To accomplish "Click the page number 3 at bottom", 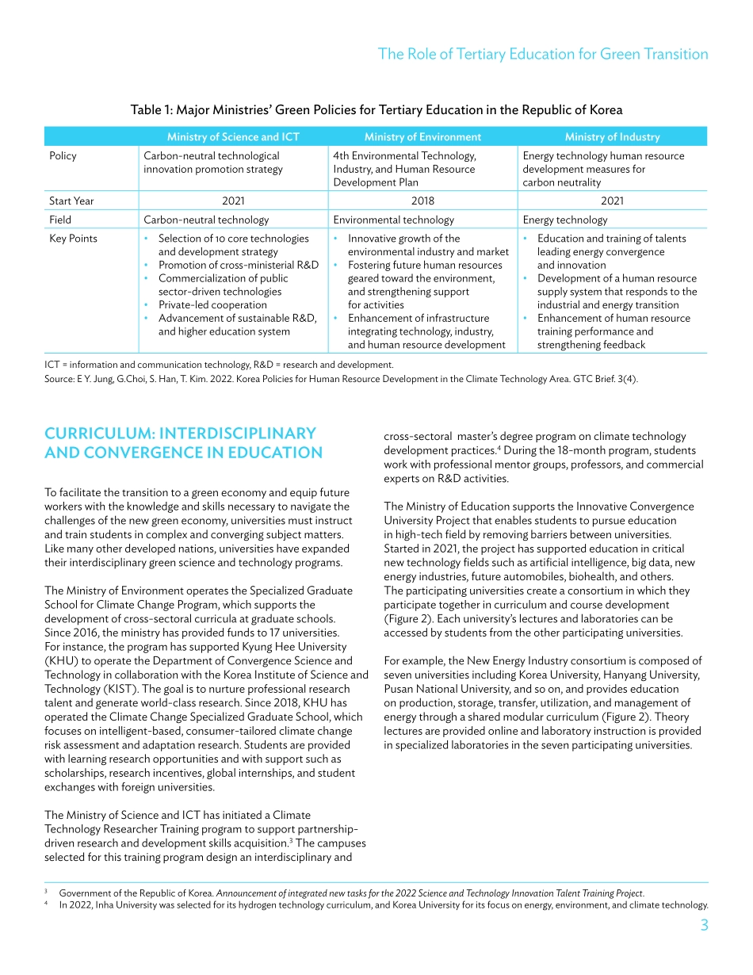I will [x=704, y=925].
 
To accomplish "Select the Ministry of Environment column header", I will [x=422, y=136].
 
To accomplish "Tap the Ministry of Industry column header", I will [x=612, y=136].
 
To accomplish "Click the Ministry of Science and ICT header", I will [x=233, y=136].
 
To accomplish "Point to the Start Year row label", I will [x=71, y=201].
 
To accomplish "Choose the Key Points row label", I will [x=73, y=239].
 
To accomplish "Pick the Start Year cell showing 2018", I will [x=422, y=201].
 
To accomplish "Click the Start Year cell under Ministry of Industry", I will [x=612, y=201].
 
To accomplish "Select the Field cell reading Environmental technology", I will [x=393, y=220].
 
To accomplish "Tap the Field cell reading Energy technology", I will [x=565, y=220].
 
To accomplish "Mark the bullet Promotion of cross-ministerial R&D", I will [x=238, y=265].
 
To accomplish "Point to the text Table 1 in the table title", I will [x=150, y=110].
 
